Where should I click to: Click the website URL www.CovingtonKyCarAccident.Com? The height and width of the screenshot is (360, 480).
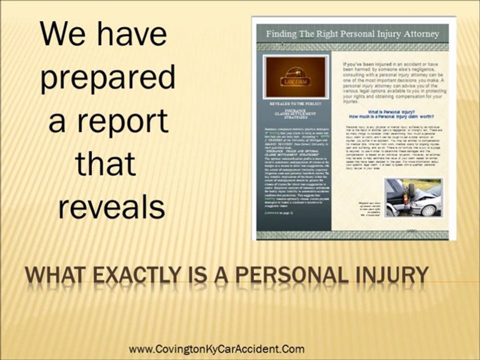[x=216, y=349]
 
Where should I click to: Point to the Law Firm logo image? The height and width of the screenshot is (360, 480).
[x=295, y=77]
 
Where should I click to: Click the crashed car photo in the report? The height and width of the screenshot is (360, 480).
[x=413, y=197]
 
